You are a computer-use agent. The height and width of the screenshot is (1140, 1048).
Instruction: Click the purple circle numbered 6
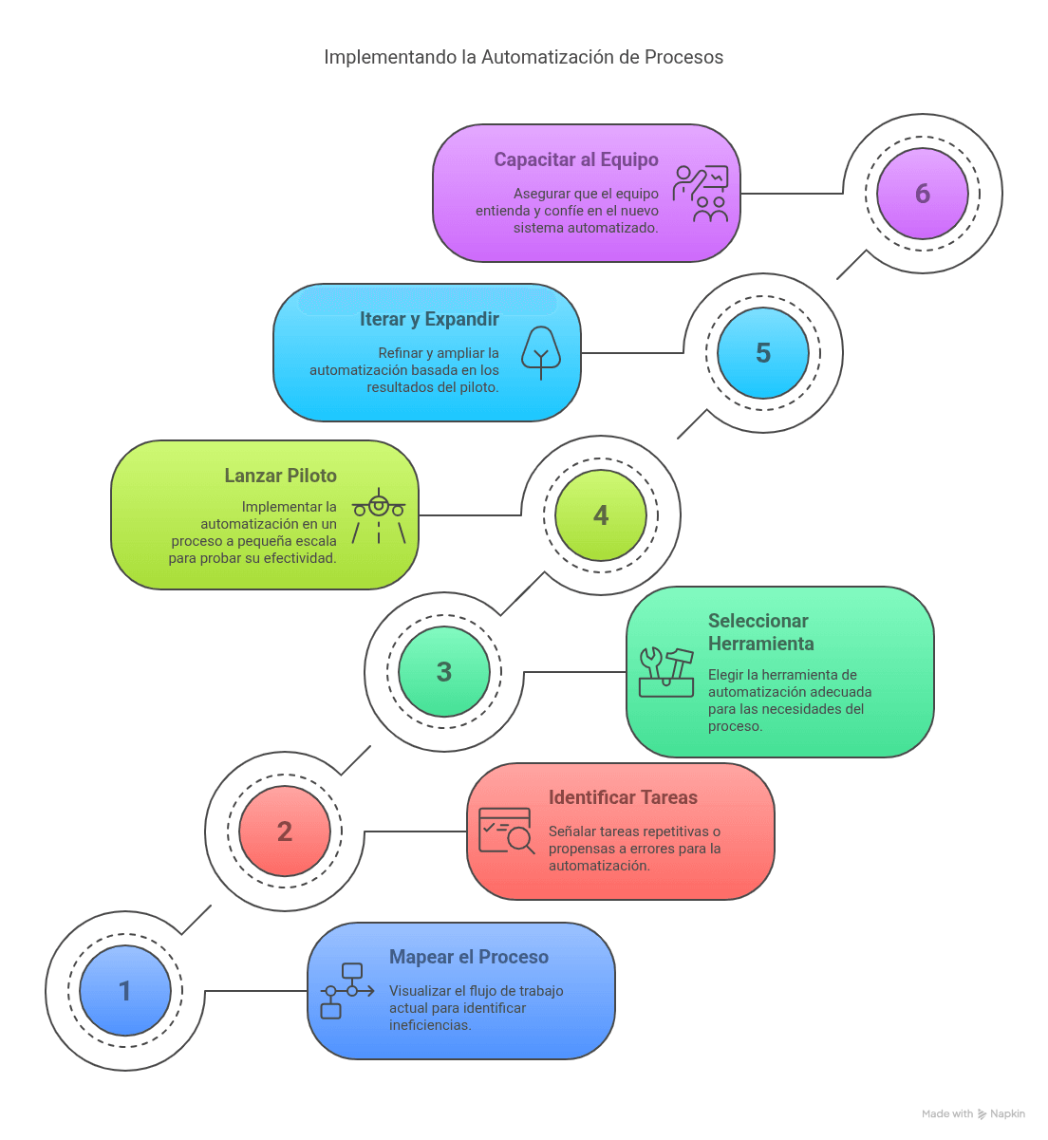point(922,194)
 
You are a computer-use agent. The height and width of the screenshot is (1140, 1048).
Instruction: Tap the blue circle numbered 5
point(762,353)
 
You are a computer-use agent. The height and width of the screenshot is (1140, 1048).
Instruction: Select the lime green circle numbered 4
point(601,514)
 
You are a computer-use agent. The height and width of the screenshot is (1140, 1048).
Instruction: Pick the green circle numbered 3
point(444,671)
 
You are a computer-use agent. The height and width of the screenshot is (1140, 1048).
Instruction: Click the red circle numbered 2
point(285,831)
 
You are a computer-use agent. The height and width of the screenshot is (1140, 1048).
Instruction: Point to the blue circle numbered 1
point(125,991)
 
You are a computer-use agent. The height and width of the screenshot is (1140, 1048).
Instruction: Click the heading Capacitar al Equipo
point(575,159)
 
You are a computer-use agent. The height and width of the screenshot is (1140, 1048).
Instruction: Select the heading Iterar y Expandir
point(429,319)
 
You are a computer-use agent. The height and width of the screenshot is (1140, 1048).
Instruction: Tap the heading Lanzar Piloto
point(280,476)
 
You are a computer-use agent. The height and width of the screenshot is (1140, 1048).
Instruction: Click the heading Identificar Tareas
point(623,797)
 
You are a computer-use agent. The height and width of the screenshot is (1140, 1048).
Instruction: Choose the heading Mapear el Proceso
point(468,957)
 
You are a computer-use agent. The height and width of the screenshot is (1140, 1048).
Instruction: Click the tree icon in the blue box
point(541,352)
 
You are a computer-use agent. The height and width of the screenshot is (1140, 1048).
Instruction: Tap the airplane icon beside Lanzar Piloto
point(379,514)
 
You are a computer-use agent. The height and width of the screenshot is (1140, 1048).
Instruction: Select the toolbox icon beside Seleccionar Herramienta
point(666,672)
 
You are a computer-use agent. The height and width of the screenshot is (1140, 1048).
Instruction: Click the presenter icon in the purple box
point(701,194)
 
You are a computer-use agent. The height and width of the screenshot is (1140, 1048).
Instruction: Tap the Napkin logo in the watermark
point(982,1113)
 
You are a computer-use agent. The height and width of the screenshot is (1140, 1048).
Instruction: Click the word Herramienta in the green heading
point(760,644)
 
